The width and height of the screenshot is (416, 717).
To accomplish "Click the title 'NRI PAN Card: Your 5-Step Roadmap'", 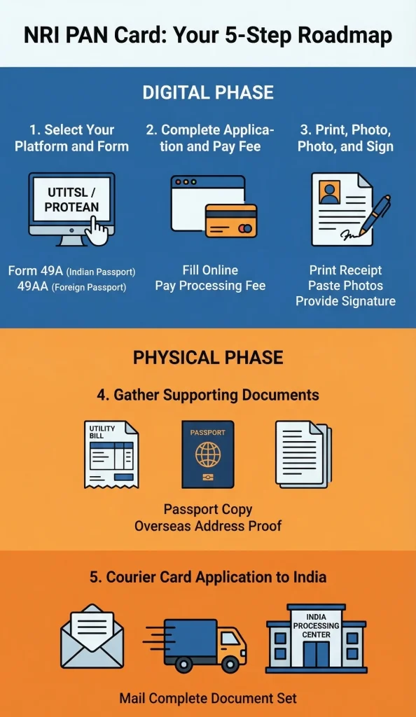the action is pyautogui.click(x=208, y=35).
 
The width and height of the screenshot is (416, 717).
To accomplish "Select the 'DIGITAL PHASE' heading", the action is pyautogui.click(x=208, y=92).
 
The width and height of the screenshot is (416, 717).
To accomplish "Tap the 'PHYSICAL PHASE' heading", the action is pyautogui.click(x=208, y=357).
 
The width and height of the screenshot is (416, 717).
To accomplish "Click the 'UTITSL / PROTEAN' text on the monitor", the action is pyautogui.click(x=71, y=200).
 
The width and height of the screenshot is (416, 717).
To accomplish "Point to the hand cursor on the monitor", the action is pyautogui.click(x=97, y=231).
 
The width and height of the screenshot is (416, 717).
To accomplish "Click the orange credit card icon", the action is pyautogui.click(x=231, y=221).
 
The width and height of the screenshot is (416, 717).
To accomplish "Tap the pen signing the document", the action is pyautogui.click(x=375, y=214).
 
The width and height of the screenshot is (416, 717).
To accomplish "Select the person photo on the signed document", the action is pyautogui.click(x=329, y=192).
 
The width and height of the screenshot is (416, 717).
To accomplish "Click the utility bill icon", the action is pyautogui.click(x=111, y=454).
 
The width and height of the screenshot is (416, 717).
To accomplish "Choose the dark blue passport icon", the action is pyautogui.click(x=208, y=454).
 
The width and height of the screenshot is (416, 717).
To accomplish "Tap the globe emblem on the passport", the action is pyautogui.click(x=208, y=454).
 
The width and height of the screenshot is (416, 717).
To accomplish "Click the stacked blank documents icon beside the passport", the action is pyautogui.click(x=303, y=454).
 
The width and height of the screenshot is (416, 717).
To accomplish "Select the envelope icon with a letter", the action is pyautogui.click(x=92, y=636).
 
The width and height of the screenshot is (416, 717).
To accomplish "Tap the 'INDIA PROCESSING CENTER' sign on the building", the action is pyautogui.click(x=317, y=625).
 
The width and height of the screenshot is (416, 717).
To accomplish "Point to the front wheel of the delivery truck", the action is pyautogui.click(x=228, y=664).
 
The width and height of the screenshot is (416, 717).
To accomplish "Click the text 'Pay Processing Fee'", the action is pyautogui.click(x=210, y=286).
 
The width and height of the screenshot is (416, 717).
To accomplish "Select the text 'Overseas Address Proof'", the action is pyautogui.click(x=208, y=525).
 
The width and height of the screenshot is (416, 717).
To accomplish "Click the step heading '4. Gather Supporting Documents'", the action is pyautogui.click(x=208, y=395).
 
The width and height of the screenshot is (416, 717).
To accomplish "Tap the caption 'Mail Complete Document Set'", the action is pyautogui.click(x=208, y=698).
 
